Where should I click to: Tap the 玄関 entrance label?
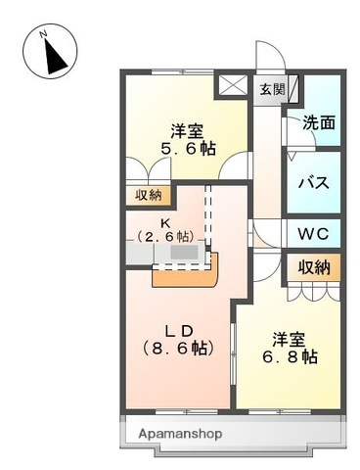coord(271,90)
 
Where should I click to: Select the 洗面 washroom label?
coord(316,124)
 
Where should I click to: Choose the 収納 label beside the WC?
coord(314,266)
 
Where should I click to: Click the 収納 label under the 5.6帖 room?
coord(150,194)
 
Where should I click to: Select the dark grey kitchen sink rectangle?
coord(184,252)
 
